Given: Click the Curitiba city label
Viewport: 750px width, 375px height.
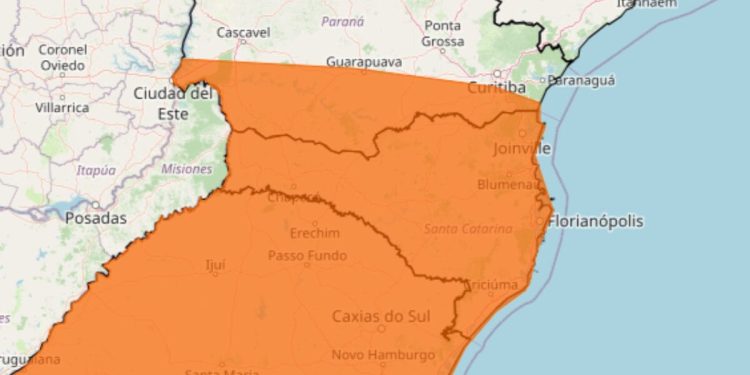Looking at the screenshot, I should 497,88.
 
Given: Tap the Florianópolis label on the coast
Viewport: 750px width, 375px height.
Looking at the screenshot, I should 595,220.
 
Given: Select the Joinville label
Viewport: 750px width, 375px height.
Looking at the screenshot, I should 522,149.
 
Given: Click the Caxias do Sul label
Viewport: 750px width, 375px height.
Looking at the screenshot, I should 381,317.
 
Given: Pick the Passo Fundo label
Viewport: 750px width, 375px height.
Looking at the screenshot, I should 307,256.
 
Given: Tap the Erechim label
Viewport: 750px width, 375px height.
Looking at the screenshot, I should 314,233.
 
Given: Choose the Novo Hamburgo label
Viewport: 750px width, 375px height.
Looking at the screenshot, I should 383,354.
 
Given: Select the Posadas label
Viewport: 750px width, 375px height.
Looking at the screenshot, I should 96,217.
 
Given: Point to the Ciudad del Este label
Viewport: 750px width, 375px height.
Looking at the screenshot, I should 173,102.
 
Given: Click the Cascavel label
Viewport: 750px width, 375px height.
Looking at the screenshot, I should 244,33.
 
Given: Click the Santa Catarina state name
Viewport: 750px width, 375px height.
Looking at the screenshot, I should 461,228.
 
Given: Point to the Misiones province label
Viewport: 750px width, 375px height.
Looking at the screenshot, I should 186,169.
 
